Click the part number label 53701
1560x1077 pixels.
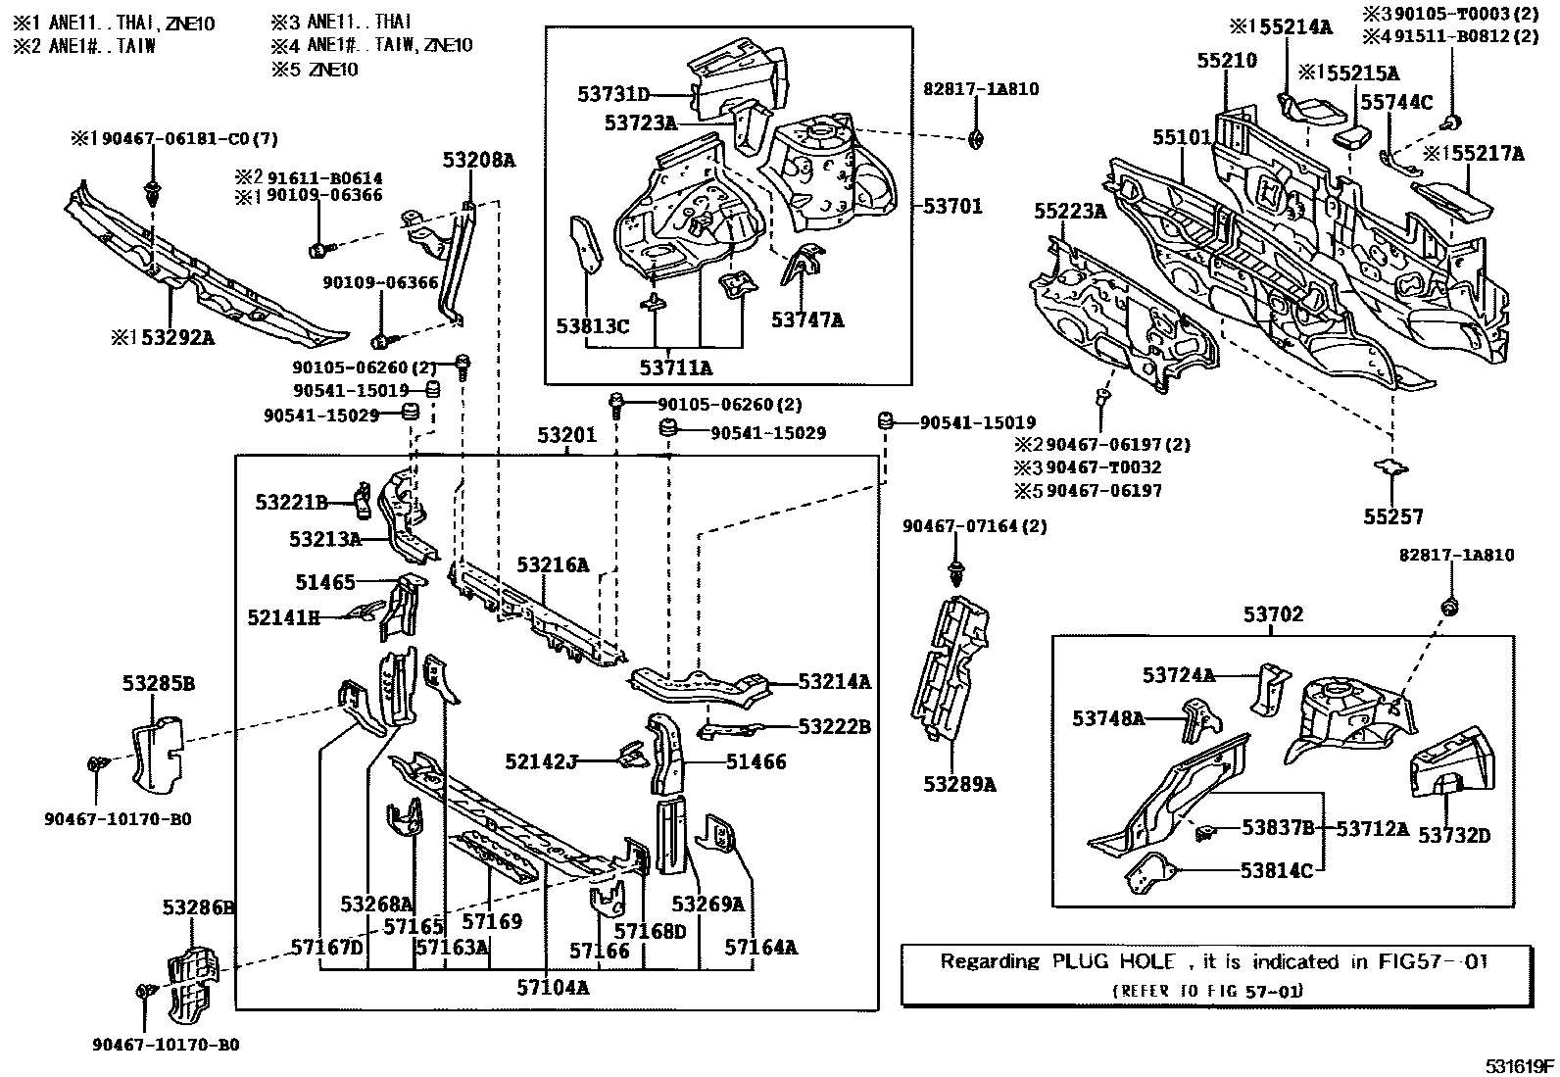pos(951,207)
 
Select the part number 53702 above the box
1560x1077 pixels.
pos(1274,614)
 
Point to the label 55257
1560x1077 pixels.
pos(1393,516)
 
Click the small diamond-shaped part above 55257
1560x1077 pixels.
pos(1391,466)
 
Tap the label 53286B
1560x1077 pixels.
pos(197,908)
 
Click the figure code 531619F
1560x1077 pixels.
pos(1519,1066)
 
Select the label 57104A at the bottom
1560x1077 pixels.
pos(554,987)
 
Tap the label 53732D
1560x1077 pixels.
pos(1455,835)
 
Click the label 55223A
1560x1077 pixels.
pos(1071,211)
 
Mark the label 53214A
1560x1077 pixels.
pos(834,681)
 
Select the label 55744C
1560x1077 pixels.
pos(1396,102)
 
